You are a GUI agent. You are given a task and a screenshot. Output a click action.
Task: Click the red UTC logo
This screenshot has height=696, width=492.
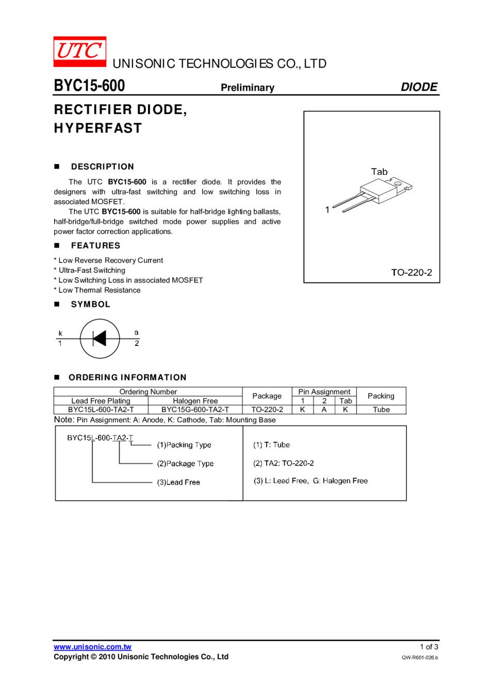click(80, 52)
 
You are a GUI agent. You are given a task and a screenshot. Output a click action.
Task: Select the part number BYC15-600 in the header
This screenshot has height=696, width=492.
click(89, 86)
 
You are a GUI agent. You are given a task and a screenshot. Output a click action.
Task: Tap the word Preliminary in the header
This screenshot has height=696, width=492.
click(248, 88)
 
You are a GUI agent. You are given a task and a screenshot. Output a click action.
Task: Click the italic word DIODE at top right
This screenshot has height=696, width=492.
click(419, 87)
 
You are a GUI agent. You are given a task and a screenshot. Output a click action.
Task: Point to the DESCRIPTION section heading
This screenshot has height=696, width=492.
click(102, 167)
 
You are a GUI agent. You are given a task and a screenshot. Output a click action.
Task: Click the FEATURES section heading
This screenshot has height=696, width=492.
click(95, 245)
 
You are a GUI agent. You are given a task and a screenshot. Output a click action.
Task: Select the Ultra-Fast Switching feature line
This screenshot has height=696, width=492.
click(92, 270)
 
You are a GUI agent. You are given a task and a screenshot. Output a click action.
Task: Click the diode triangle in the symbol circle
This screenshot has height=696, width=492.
click(100, 339)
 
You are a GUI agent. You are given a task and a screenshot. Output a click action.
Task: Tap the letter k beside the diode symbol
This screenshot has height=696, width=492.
click(60, 333)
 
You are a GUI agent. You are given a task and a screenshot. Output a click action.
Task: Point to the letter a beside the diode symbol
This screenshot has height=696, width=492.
click(136, 333)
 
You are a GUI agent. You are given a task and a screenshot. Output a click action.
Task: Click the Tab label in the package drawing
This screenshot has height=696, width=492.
click(379, 172)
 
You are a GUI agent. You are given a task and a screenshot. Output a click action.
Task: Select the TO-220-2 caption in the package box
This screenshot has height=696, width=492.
click(412, 272)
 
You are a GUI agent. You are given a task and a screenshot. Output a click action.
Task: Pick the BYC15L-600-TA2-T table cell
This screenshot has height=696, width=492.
click(101, 409)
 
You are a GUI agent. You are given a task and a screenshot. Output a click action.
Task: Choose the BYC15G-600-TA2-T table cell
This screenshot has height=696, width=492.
click(195, 409)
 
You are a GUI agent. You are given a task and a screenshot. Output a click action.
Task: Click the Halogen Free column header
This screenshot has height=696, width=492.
click(195, 401)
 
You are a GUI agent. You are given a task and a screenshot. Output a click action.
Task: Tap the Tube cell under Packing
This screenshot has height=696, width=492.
click(381, 409)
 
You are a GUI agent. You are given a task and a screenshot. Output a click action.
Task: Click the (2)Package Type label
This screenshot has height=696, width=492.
click(185, 463)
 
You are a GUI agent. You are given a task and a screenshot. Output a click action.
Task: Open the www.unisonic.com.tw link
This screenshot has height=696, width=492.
click(92, 647)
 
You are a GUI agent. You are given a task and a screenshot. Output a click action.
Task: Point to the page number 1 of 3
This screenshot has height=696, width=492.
click(429, 647)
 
